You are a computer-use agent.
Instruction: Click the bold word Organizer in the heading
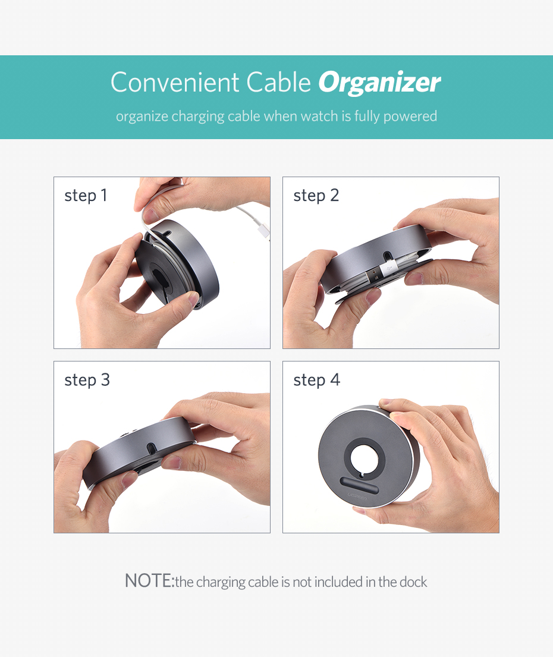coord(379,83)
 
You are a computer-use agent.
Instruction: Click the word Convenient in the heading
coord(175,82)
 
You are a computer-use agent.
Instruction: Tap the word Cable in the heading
coord(279,82)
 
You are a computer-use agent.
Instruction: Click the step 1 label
coord(86,196)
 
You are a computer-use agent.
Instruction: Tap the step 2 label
coord(316,196)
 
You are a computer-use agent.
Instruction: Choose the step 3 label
coord(87,381)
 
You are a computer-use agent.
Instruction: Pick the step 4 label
coord(317,381)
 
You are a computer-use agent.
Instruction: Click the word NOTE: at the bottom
coord(149,581)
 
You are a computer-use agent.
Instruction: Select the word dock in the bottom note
coord(413,581)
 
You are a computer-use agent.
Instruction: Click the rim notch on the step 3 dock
coord(152,447)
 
